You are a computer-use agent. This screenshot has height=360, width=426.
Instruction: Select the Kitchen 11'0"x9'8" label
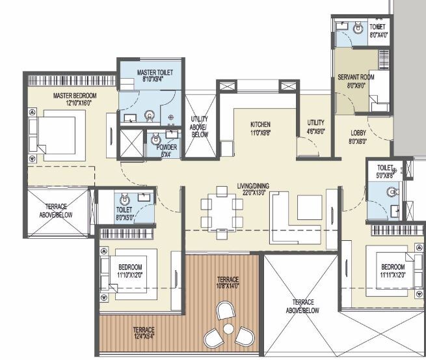(260, 128)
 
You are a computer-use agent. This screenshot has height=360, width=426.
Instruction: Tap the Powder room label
(166, 151)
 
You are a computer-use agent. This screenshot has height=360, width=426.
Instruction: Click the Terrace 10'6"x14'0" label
(227, 282)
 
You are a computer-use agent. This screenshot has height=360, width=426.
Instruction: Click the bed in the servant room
(380, 103)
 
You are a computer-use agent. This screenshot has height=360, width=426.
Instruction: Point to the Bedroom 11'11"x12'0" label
(393, 270)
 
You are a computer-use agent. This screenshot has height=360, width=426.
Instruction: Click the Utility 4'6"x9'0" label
(316, 126)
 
